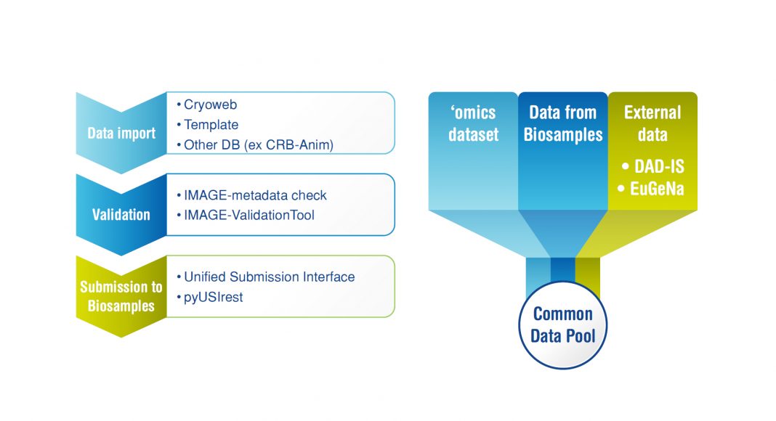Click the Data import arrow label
point(121,134)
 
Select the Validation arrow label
point(121,215)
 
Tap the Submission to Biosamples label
point(121,296)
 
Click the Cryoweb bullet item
point(206,105)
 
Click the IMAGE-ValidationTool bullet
point(248,215)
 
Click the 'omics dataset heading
point(472,123)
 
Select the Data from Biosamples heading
point(562,123)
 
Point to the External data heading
point(652,123)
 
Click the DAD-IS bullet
point(653,167)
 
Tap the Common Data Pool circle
point(563,325)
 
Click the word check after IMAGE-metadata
point(311,195)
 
